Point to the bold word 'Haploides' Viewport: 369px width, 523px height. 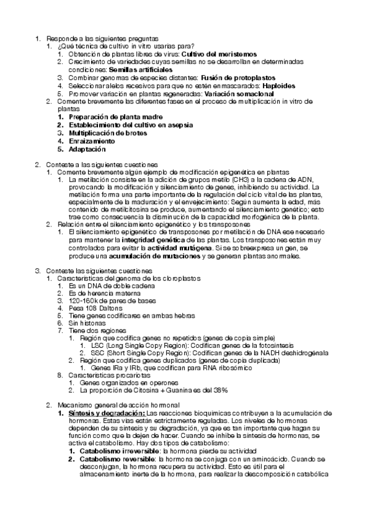click(x=264, y=86)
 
